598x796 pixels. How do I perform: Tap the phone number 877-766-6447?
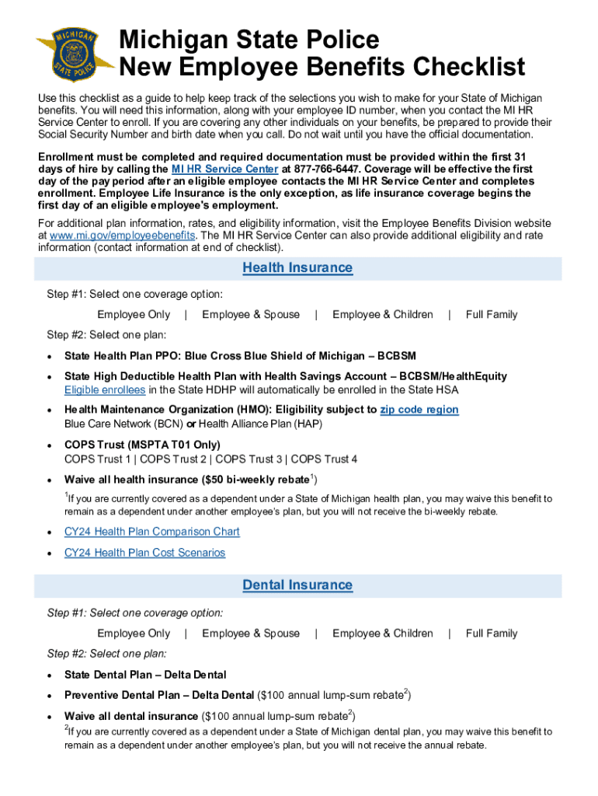tap(329, 169)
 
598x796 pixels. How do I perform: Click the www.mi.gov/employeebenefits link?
tap(123, 236)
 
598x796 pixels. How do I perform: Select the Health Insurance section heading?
tap(297, 268)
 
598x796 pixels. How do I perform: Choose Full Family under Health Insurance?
tap(491, 315)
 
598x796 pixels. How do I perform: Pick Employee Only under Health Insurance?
tap(133, 315)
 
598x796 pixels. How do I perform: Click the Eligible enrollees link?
tap(105, 389)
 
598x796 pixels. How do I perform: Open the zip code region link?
tap(419, 410)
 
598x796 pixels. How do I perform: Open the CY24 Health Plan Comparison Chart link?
tap(151, 532)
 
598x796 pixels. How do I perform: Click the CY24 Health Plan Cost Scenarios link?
tap(144, 553)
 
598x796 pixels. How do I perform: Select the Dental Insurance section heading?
tap(297, 585)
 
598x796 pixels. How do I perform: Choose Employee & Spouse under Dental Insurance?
tap(250, 634)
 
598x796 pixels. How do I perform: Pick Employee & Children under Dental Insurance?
tap(382, 634)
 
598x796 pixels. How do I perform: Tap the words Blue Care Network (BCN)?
tap(123, 424)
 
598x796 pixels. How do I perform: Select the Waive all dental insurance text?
tap(131, 716)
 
